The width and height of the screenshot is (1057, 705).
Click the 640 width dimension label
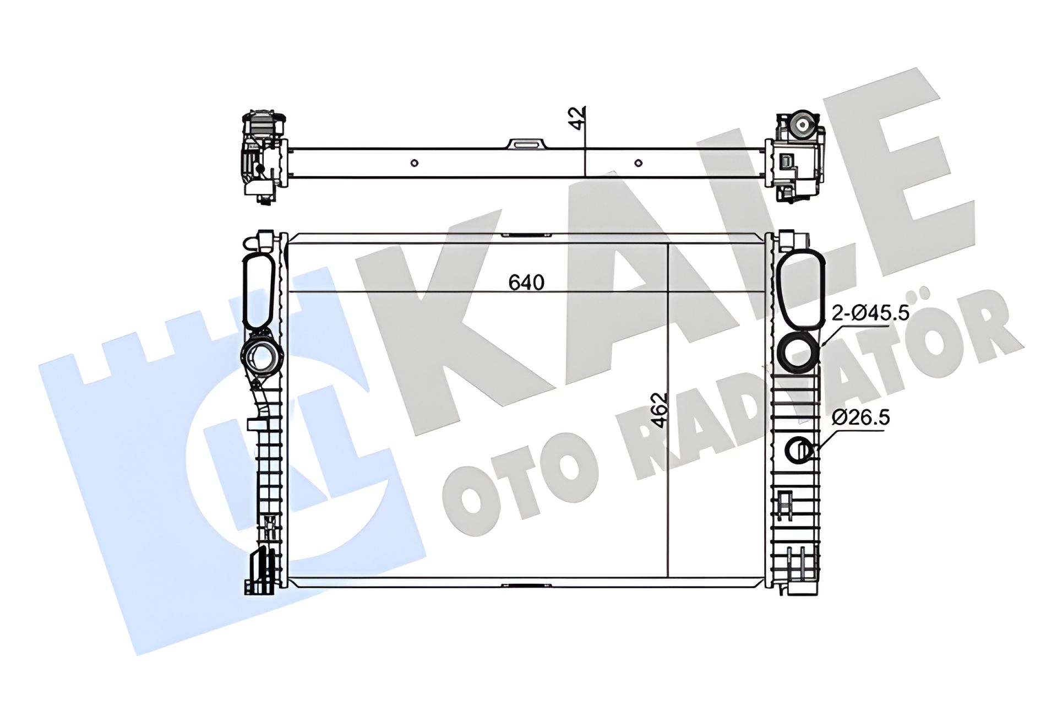click(x=526, y=283)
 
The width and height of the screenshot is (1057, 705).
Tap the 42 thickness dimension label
click(x=577, y=118)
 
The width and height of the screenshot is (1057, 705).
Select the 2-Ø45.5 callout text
click(x=870, y=313)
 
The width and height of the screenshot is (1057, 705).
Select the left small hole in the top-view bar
click(x=415, y=163)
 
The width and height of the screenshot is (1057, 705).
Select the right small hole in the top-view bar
click(x=638, y=163)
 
